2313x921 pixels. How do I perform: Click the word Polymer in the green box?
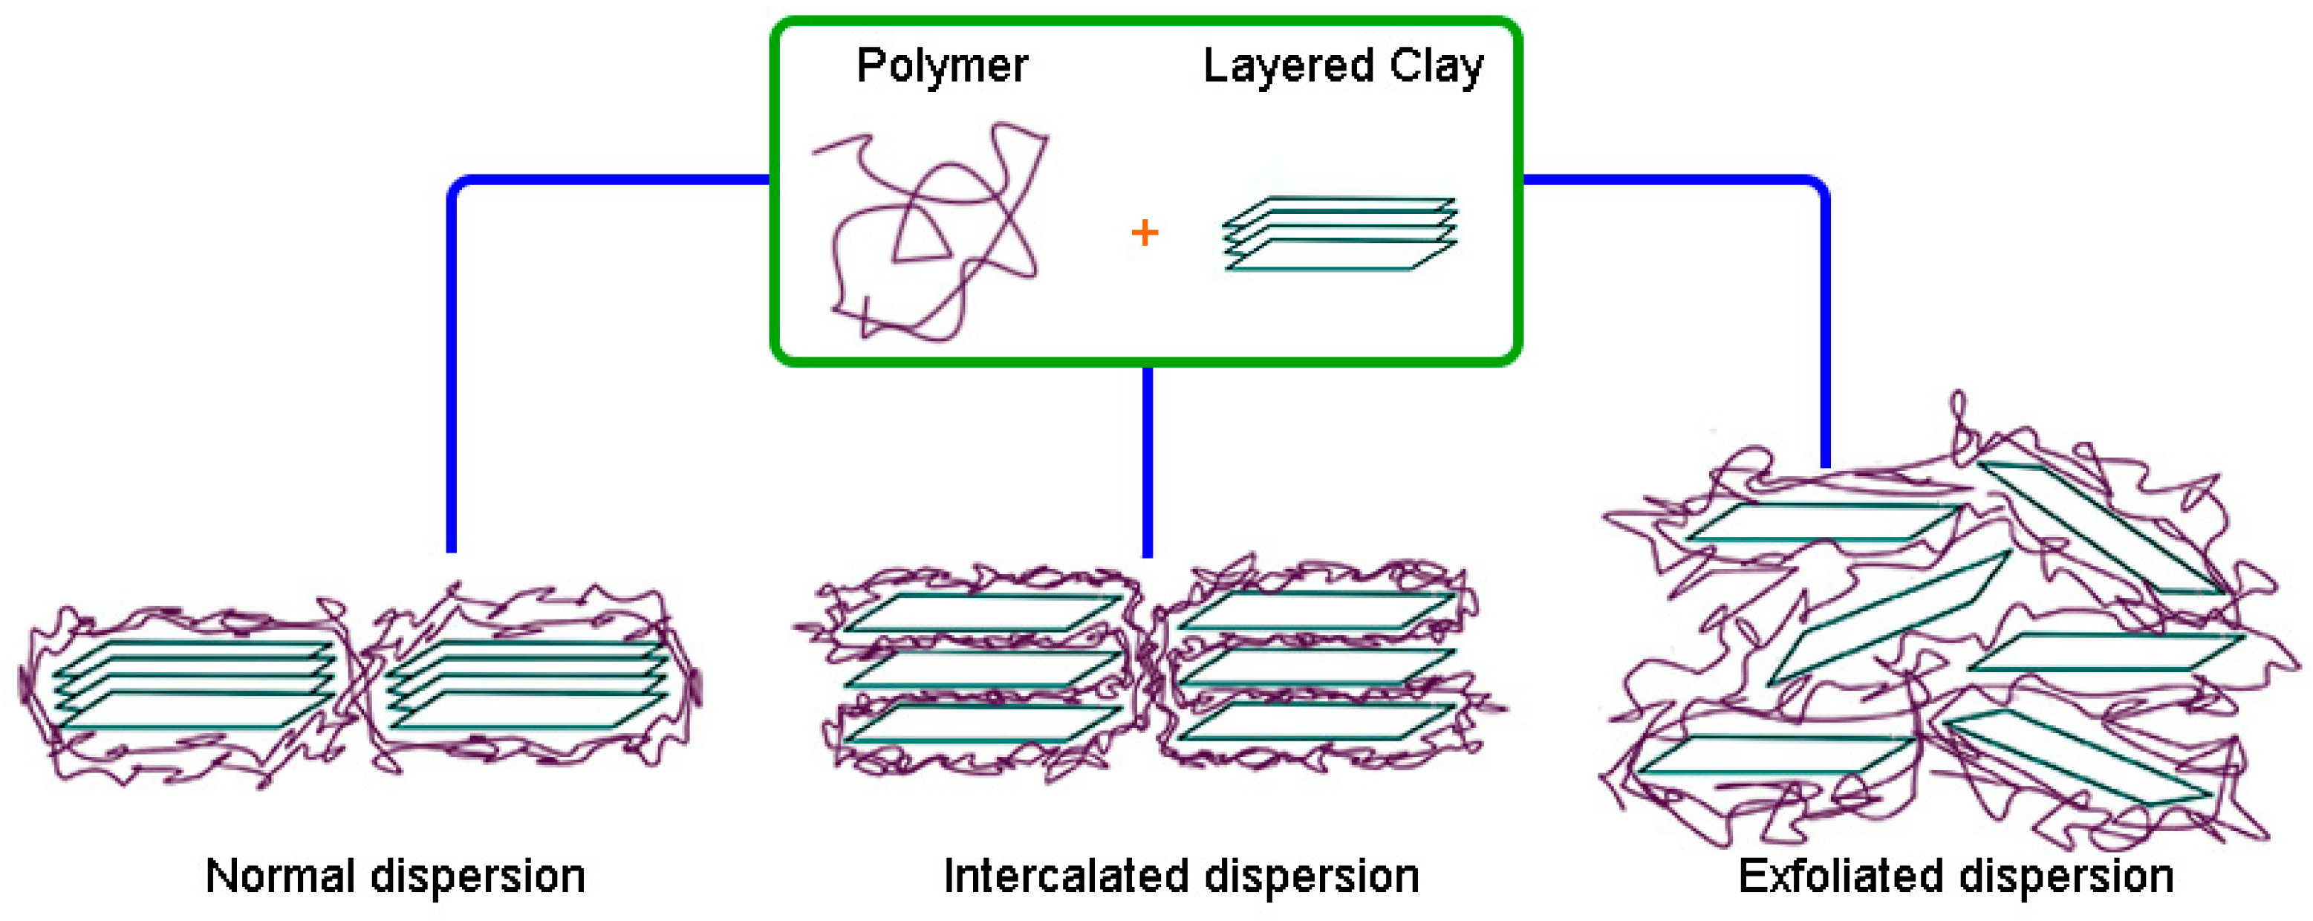pyautogui.click(x=942, y=65)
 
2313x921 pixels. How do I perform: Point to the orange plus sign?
pyautogui.click(x=1144, y=233)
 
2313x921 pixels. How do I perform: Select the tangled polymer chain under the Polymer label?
pyautogui.click(x=934, y=233)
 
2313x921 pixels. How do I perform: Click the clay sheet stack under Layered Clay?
pyautogui.click(x=1340, y=233)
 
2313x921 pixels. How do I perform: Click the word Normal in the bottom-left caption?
pyautogui.click(x=280, y=876)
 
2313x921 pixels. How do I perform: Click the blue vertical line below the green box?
pyautogui.click(x=1147, y=462)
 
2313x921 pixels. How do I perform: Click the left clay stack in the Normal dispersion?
pyautogui.click(x=193, y=685)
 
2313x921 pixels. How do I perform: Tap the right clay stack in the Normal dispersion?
pyautogui.click(x=528, y=685)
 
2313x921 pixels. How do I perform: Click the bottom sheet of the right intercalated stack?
pyautogui.click(x=1317, y=720)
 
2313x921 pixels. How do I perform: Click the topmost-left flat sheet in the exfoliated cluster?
pyautogui.click(x=1823, y=522)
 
